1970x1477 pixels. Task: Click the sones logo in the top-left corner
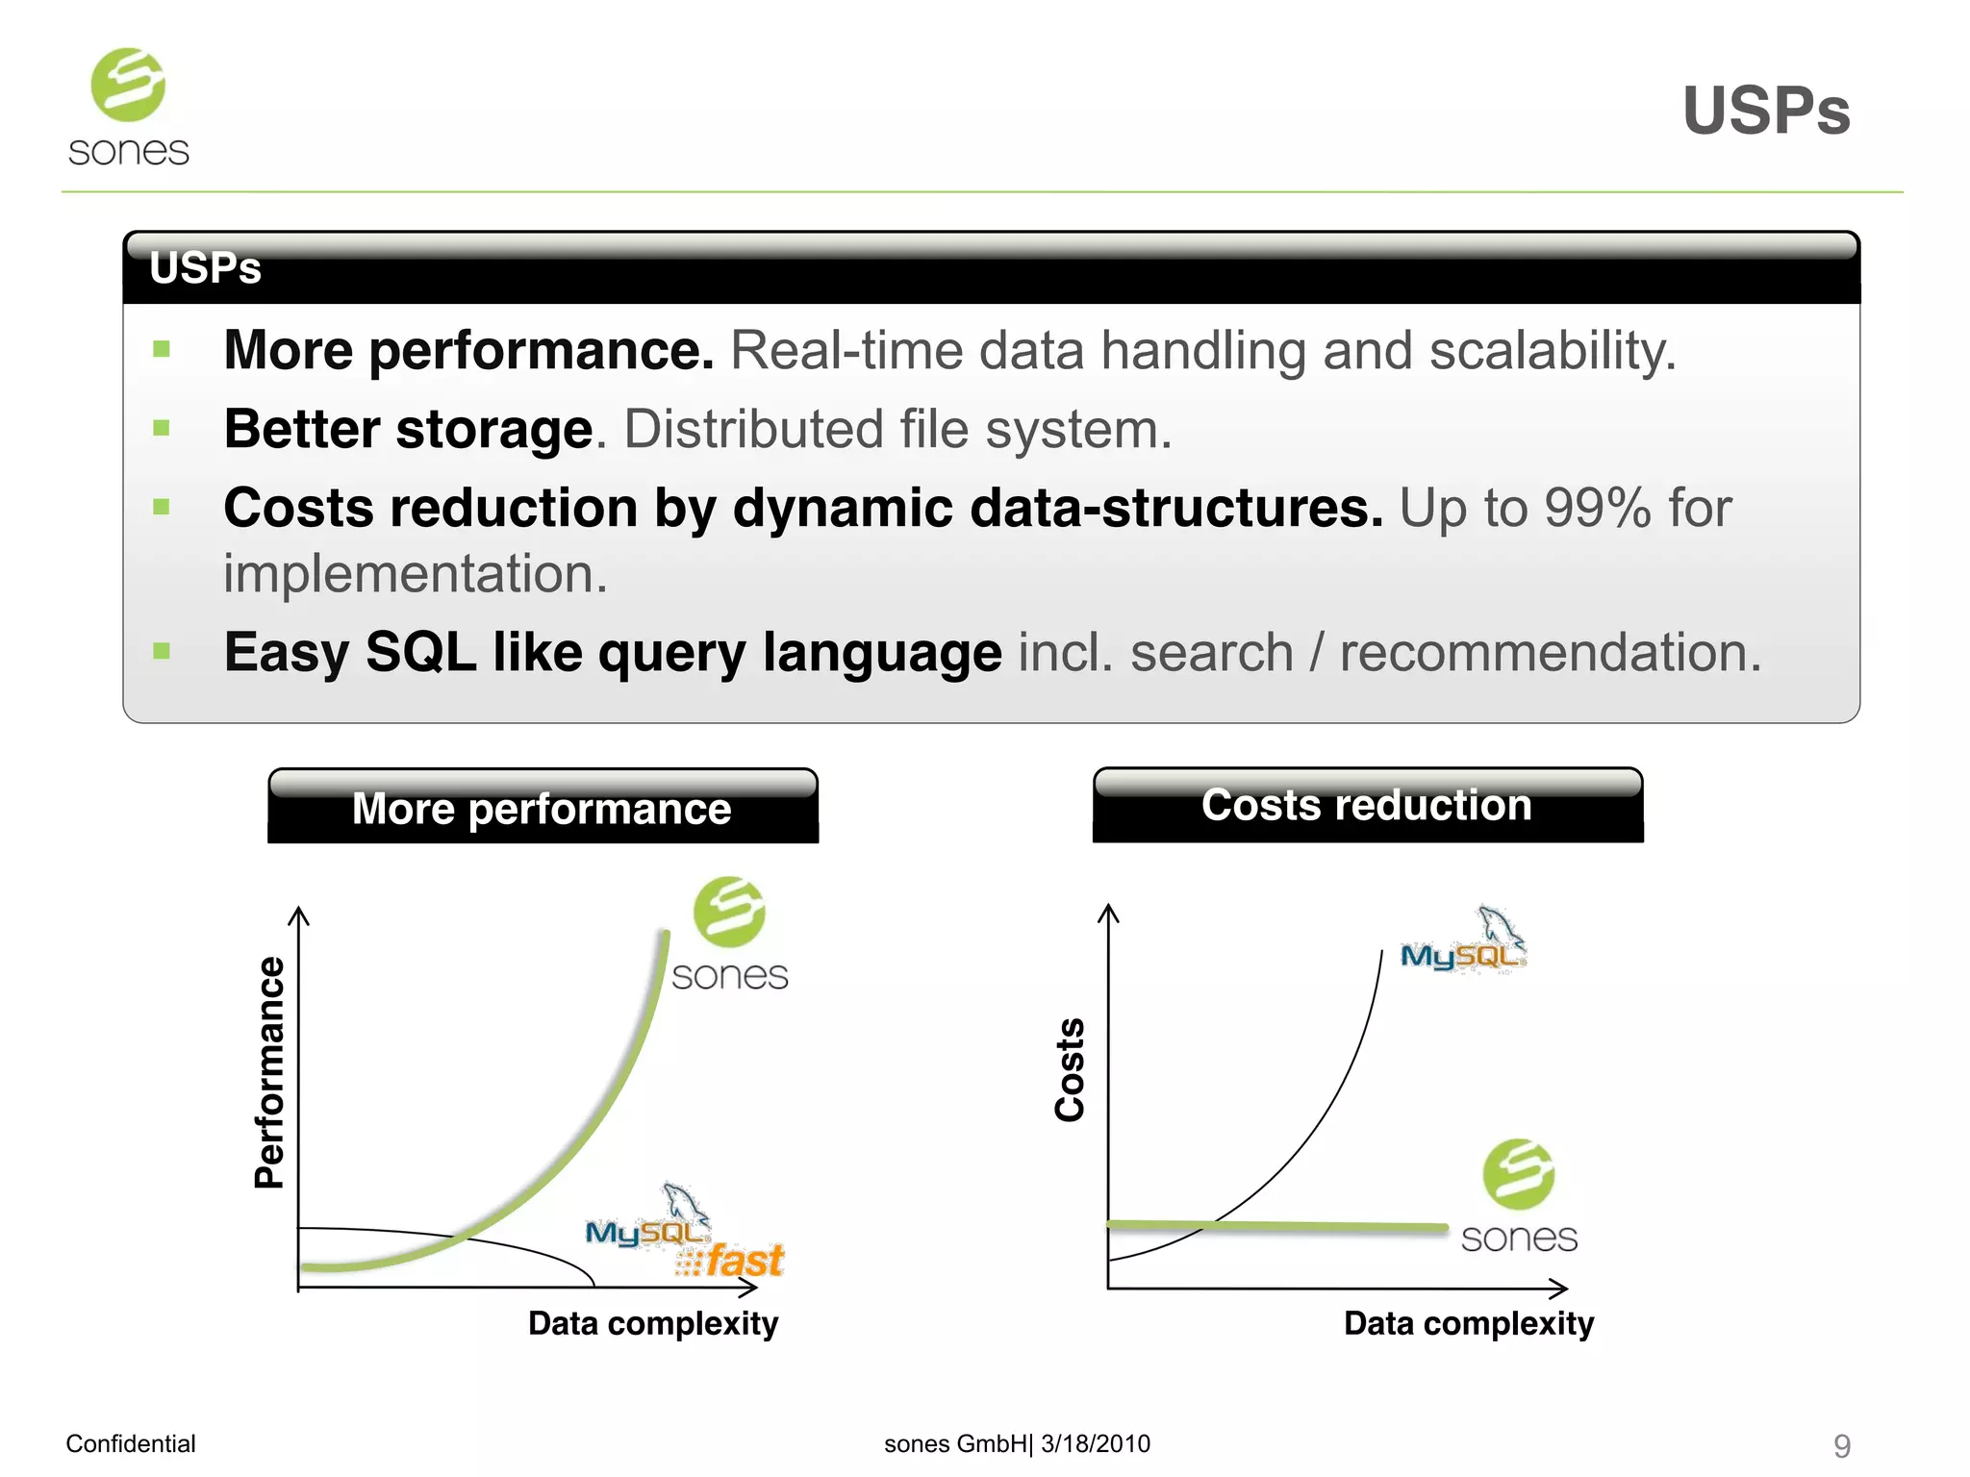[x=129, y=108]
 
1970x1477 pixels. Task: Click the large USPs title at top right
[x=1765, y=111]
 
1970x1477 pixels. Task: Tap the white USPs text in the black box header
[x=205, y=268]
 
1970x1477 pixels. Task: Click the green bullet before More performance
[x=162, y=349]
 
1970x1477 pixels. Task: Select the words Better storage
[x=408, y=429]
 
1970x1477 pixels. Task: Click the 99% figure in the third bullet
[x=1597, y=508]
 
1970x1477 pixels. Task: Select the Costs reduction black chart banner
[x=1367, y=805]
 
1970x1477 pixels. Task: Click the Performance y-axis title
[x=270, y=1072]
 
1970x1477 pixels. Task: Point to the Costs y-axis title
[x=1070, y=1069]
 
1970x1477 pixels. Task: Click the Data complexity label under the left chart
[x=653, y=1323]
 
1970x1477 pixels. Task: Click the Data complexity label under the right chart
[x=1468, y=1323]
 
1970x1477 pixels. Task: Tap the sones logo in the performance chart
[x=729, y=933]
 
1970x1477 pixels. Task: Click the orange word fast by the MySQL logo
[x=745, y=1261]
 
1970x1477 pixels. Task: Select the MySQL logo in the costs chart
[x=1462, y=943]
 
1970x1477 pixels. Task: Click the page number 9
[x=1841, y=1445]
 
